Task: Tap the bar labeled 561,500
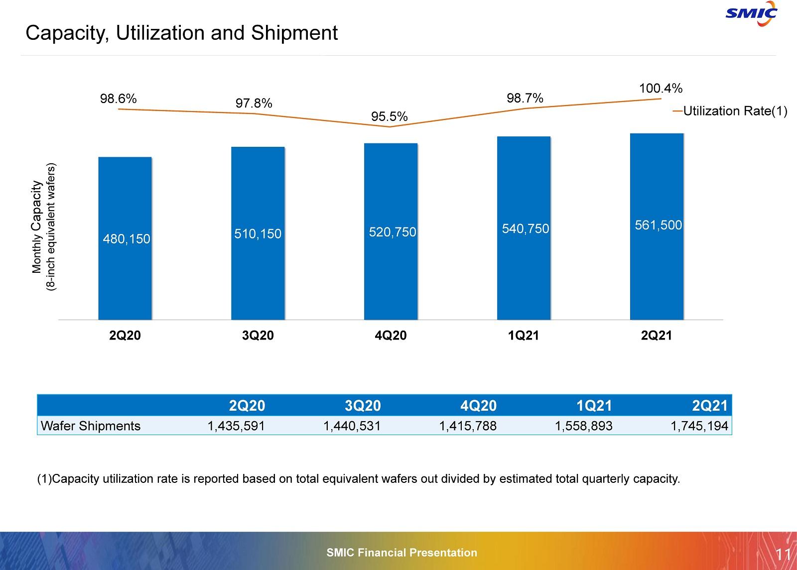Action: tap(657, 227)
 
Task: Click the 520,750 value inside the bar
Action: tap(392, 232)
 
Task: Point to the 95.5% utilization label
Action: tap(390, 116)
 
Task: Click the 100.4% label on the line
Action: tap(661, 89)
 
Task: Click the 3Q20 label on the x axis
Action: tap(258, 336)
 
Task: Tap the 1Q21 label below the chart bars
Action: tap(523, 336)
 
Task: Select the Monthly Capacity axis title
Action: tap(36, 227)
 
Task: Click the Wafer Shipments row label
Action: tap(91, 426)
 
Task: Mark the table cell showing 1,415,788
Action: tap(468, 426)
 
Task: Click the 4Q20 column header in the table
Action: tap(479, 406)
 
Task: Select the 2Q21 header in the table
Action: tap(710, 406)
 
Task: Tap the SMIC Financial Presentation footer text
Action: tap(401, 553)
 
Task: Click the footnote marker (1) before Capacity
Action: tap(44, 479)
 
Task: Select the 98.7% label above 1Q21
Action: tap(525, 99)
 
